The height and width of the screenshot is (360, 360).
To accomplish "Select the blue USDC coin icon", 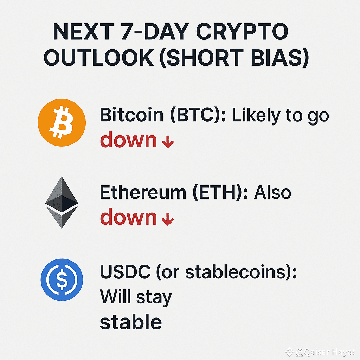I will click(x=62, y=279).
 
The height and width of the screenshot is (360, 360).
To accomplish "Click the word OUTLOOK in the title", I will click(x=99, y=58).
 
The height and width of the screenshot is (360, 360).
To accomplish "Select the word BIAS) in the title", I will click(x=278, y=58).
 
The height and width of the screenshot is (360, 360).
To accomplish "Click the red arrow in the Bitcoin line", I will click(x=168, y=143).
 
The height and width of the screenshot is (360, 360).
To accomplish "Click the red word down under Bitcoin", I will click(x=128, y=140).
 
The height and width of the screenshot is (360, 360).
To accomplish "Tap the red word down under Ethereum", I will click(x=128, y=217).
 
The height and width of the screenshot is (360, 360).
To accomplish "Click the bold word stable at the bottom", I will click(x=131, y=322).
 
